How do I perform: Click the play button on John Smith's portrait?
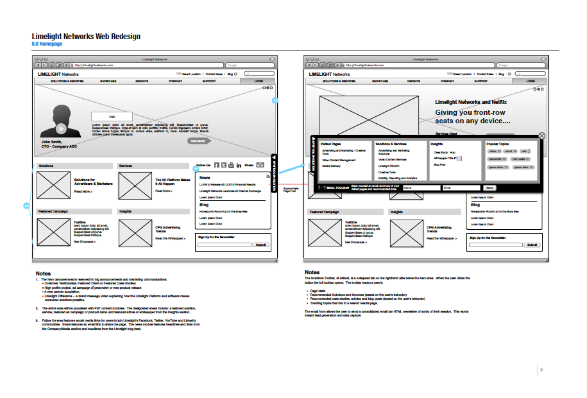click(61, 128)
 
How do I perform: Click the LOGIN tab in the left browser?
click(259, 82)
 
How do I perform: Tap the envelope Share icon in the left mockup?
click(260, 165)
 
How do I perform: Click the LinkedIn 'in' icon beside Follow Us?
click(239, 165)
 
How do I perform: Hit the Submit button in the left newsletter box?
click(260, 245)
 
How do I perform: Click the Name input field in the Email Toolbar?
click(420, 187)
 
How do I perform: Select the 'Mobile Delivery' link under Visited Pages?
click(331, 166)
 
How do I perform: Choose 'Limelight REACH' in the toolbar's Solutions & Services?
click(389, 166)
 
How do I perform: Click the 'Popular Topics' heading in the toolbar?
click(498, 144)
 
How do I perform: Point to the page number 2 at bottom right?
click(541, 370)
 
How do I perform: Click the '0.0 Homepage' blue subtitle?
click(47, 44)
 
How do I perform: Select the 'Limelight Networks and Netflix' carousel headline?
click(471, 102)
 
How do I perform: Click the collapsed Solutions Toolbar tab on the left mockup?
click(274, 173)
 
